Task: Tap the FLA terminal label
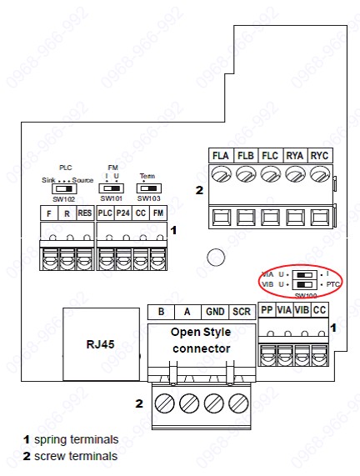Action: click(x=221, y=155)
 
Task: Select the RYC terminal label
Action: click(x=320, y=155)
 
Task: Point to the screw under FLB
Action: click(x=245, y=175)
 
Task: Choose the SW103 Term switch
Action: click(x=147, y=189)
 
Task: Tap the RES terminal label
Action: click(x=84, y=213)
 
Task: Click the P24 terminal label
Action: click(x=122, y=213)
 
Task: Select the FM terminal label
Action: click(x=157, y=213)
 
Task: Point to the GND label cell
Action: click(x=215, y=311)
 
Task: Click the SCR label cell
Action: click(x=240, y=311)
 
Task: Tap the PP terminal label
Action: click(x=267, y=310)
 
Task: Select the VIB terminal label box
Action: click(x=302, y=310)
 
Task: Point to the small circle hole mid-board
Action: click(x=215, y=257)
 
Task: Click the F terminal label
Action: click(x=50, y=213)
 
